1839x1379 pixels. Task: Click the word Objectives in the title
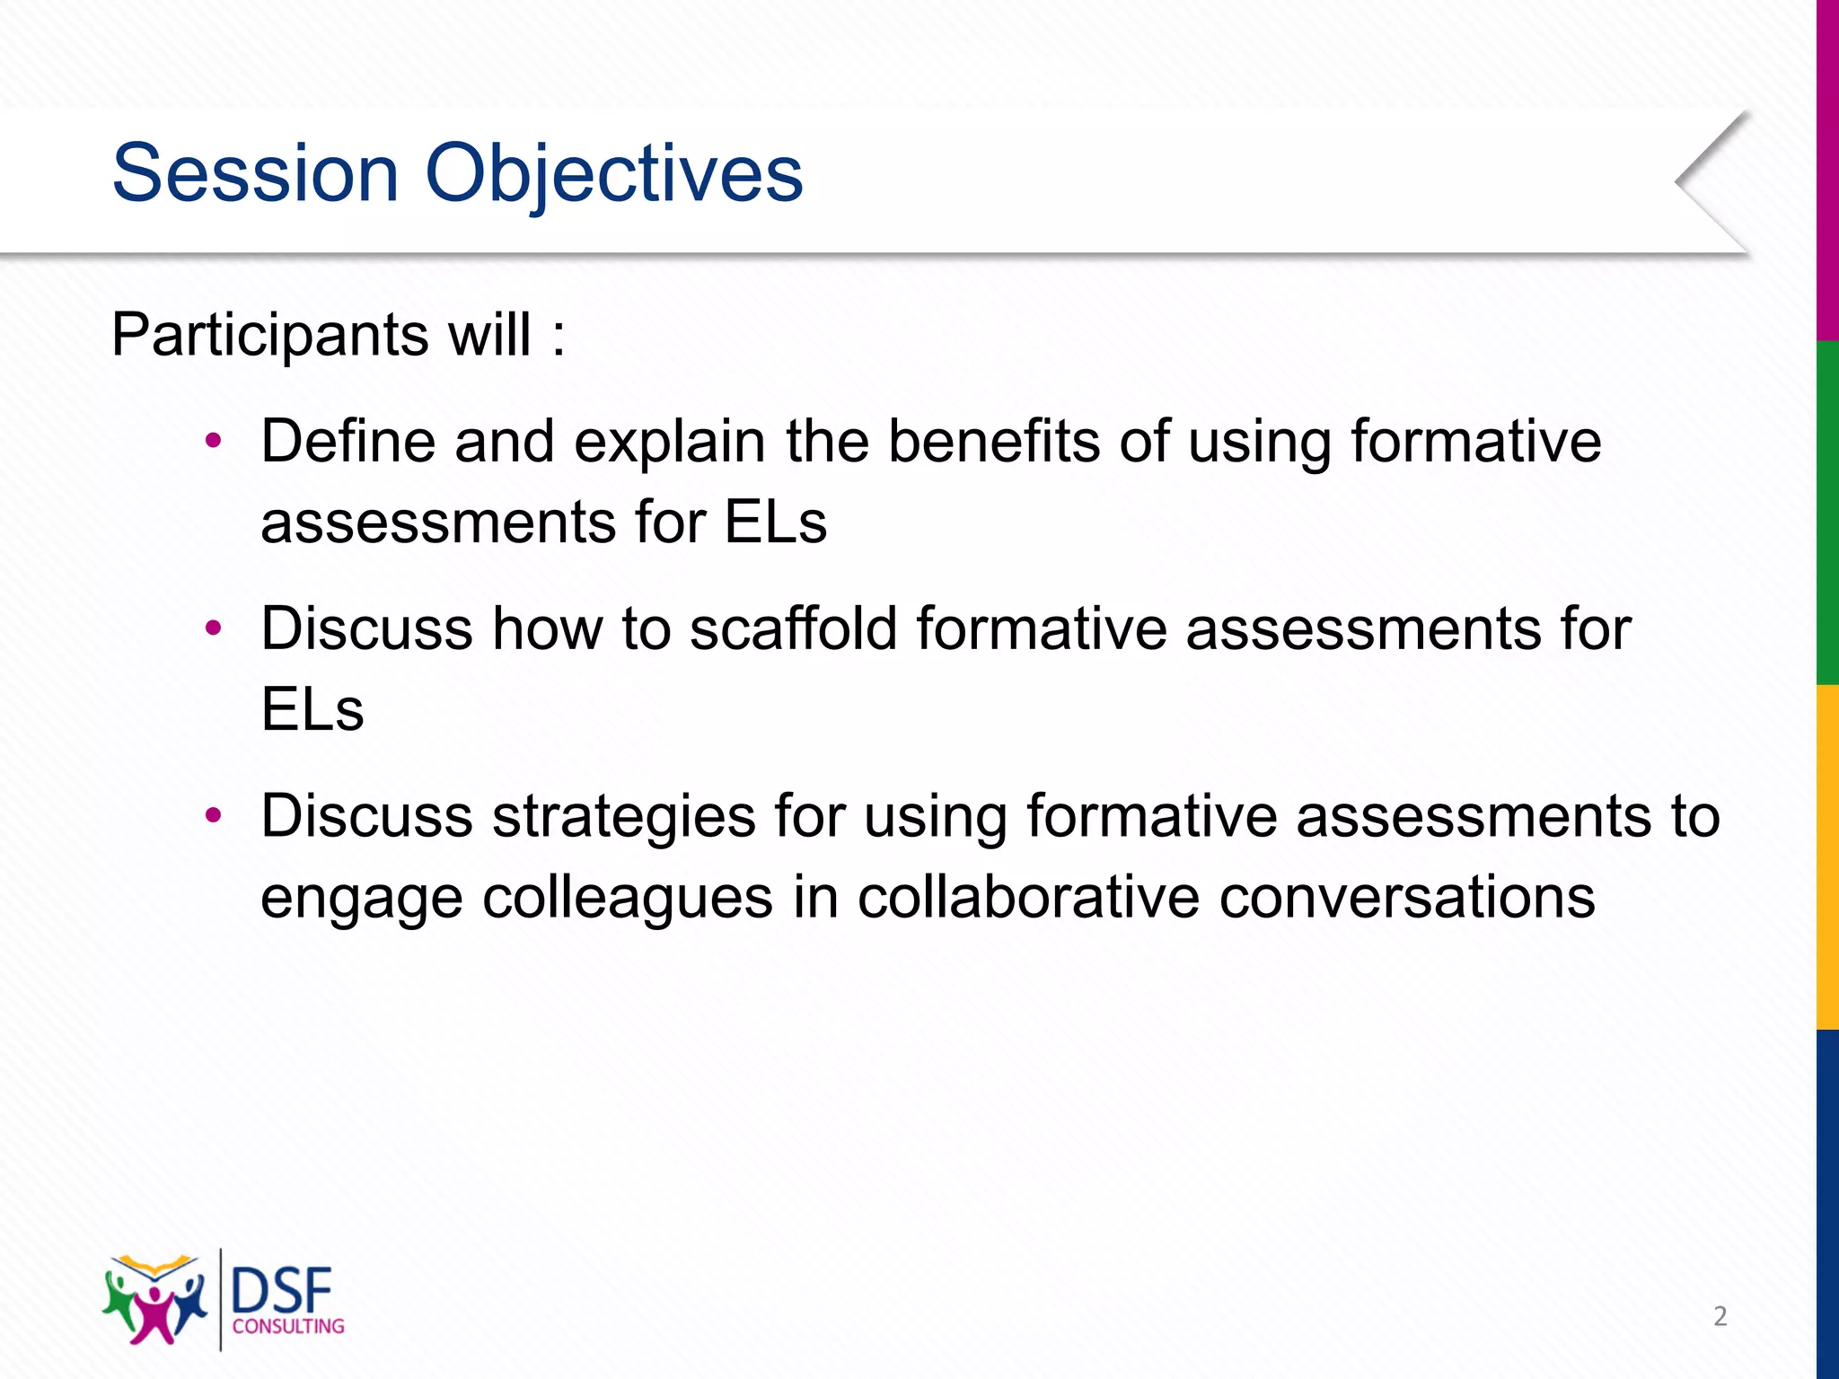click(x=613, y=175)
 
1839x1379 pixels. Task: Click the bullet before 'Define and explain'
click(x=213, y=441)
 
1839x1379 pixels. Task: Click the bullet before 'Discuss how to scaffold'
click(x=213, y=628)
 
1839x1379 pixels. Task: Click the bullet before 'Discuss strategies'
click(x=213, y=815)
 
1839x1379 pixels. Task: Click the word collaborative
click(x=1027, y=896)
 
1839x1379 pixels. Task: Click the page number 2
click(x=1720, y=1316)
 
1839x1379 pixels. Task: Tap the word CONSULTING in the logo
click(x=288, y=1326)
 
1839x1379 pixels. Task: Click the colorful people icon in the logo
click(x=154, y=1300)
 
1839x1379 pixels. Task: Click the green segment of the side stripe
click(x=1826, y=512)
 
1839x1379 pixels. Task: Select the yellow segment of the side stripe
click(x=1826, y=857)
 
